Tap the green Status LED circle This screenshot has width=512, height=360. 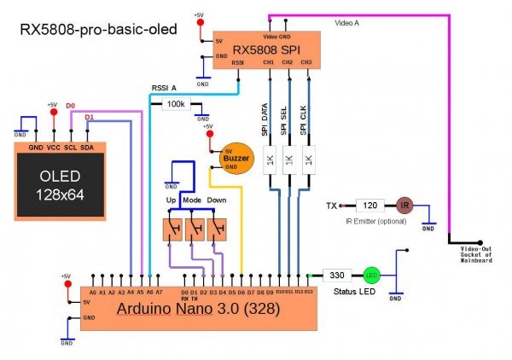372,275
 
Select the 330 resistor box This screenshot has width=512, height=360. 337,275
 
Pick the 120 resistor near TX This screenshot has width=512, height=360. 369,206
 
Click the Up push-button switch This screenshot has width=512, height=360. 173,229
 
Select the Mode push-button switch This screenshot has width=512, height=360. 197,229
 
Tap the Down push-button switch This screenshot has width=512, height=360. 221,229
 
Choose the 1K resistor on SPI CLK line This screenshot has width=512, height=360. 308,160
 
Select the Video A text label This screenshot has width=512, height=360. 346,23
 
